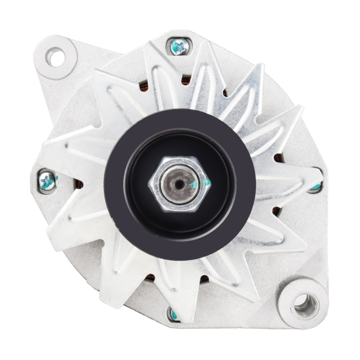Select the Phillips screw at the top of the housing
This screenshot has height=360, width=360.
tap(179, 46)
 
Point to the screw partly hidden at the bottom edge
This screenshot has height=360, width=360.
tap(174, 313)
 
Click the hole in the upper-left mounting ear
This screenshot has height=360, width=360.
tap(55, 57)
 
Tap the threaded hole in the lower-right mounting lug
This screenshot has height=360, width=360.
tap(305, 305)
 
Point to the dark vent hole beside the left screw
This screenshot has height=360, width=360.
tap(78, 183)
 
